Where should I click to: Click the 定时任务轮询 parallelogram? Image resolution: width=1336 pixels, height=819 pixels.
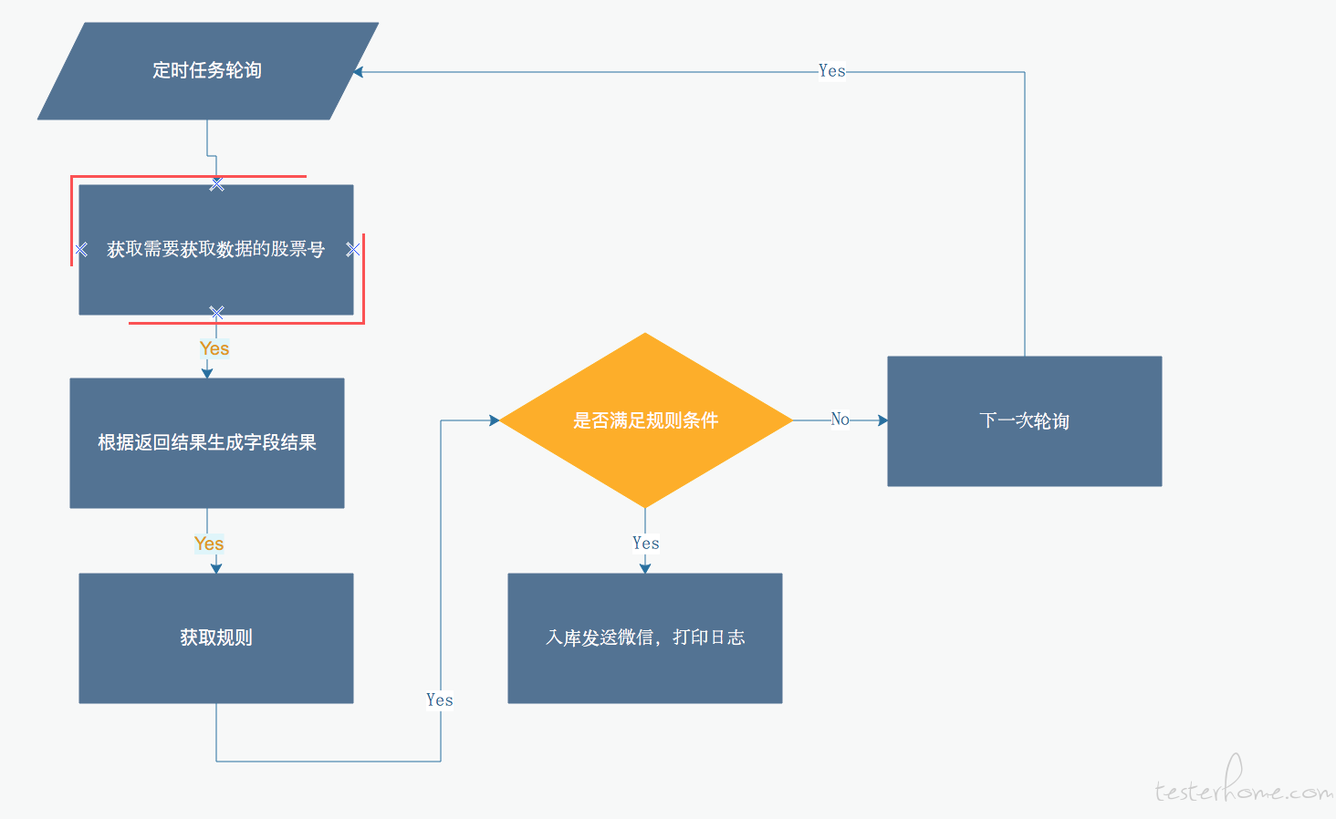207,71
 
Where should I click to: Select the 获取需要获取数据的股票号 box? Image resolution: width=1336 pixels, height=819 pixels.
216,249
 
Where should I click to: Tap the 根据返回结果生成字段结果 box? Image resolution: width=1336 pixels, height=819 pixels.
207,443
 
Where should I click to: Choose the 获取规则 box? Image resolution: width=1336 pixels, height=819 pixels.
216,638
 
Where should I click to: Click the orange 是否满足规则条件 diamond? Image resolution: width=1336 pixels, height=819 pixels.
645,420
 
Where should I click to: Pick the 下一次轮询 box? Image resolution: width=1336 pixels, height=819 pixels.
1025,420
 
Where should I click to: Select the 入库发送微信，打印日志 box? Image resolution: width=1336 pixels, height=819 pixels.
645,638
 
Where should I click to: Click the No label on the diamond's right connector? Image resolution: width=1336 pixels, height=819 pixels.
840,419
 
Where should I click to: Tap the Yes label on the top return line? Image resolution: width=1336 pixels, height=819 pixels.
831,71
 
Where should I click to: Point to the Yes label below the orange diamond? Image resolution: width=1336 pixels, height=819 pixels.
645,543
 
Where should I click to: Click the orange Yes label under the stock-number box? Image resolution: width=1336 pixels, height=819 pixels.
214,348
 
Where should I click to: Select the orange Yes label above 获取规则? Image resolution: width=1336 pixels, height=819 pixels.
209,544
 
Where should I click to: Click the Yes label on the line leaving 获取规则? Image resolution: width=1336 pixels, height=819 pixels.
440,700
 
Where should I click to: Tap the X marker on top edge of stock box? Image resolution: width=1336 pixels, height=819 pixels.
216,184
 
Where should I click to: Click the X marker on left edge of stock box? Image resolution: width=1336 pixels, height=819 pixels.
81,249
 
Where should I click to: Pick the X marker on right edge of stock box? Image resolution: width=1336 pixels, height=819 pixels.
353,249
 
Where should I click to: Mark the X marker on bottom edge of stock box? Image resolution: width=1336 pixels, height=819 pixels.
216,312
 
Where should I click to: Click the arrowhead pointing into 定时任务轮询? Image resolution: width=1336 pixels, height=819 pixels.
358,72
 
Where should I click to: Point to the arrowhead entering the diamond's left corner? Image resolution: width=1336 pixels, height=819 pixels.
495,420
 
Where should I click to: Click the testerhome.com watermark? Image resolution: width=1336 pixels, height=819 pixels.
1244,782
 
